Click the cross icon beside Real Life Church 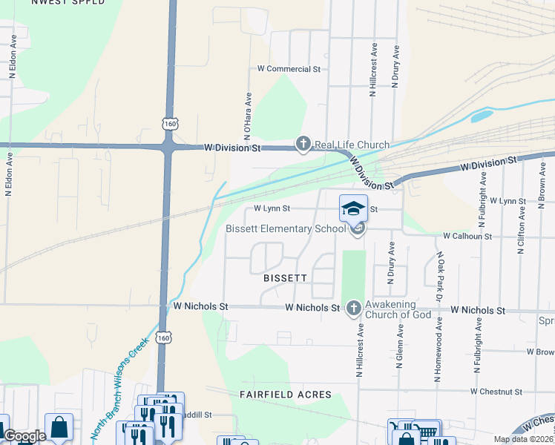click(x=303, y=144)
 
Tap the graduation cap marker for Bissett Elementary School click(x=353, y=208)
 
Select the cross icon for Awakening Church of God click(x=354, y=307)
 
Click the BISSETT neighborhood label click(x=285, y=278)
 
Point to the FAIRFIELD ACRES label click(x=286, y=395)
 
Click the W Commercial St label click(x=288, y=68)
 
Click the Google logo click(x=24, y=435)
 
